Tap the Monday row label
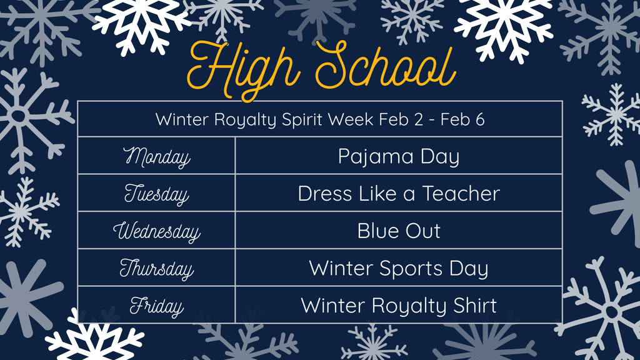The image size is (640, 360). pyautogui.click(x=156, y=156)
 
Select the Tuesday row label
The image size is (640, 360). pyautogui.click(x=156, y=194)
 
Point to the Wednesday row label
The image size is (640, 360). pyautogui.click(x=156, y=231)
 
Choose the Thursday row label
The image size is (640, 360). pyautogui.click(x=156, y=269)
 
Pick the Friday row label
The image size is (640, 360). pyautogui.click(x=156, y=306)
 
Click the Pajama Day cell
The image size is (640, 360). pyautogui.click(x=399, y=156)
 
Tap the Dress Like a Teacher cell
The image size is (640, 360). pyautogui.click(x=399, y=194)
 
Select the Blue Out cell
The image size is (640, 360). pyautogui.click(x=399, y=231)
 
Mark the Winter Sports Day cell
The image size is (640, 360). pyautogui.click(x=399, y=269)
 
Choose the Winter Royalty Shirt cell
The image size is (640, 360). pyautogui.click(x=399, y=306)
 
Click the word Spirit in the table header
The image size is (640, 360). pyautogui.click(x=303, y=119)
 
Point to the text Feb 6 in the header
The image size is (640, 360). pyautogui.click(x=462, y=119)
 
